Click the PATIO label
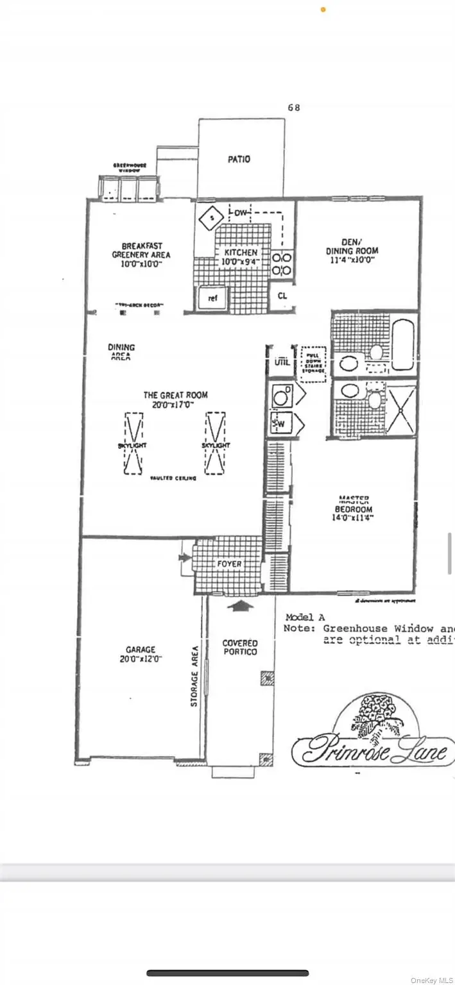(239, 159)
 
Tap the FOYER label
(229, 564)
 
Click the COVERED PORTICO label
(240, 648)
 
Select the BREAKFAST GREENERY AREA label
(142, 250)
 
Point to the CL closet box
(282, 296)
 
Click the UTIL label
(282, 362)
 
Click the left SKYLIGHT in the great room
(133, 443)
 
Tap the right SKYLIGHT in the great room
(215, 443)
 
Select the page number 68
(294, 108)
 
